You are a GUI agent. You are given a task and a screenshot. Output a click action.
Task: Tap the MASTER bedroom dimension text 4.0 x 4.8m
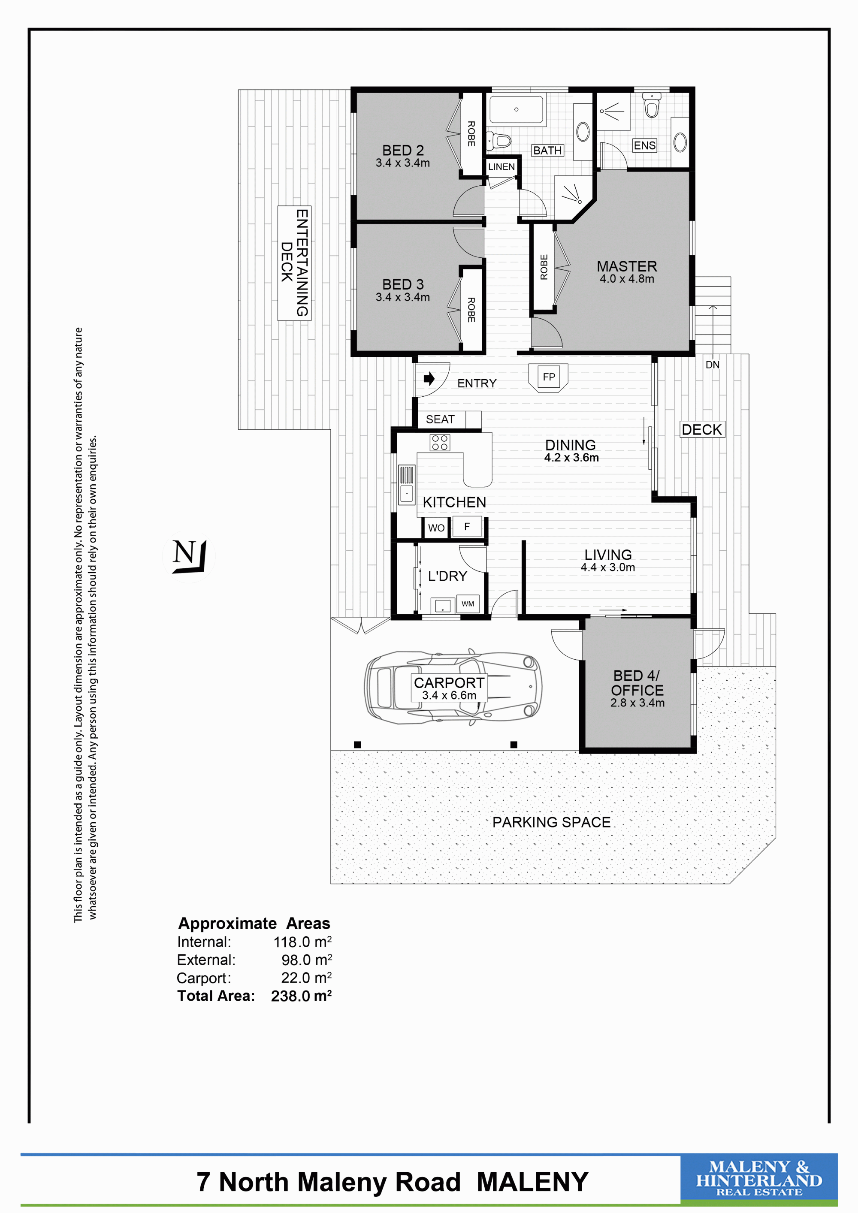[627, 279]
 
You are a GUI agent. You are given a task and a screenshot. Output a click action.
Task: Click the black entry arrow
[429, 378]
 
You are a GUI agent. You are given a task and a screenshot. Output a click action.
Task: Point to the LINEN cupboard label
[502, 167]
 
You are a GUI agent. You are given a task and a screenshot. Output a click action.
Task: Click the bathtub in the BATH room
[517, 110]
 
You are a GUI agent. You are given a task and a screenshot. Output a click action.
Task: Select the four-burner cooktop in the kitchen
[440, 442]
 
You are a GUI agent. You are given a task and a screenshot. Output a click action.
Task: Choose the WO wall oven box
[436, 528]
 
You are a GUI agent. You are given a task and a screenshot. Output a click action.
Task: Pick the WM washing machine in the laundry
[468, 604]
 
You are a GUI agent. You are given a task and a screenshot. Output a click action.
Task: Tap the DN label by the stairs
[712, 365]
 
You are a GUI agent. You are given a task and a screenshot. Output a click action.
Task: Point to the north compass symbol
[189, 556]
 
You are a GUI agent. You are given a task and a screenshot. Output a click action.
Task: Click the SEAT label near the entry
[440, 419]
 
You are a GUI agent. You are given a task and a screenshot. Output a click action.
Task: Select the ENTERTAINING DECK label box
[294, 263]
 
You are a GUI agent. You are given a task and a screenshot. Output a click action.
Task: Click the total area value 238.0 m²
[301, 996]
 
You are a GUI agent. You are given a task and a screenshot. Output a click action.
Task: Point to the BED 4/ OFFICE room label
[637, 683]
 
